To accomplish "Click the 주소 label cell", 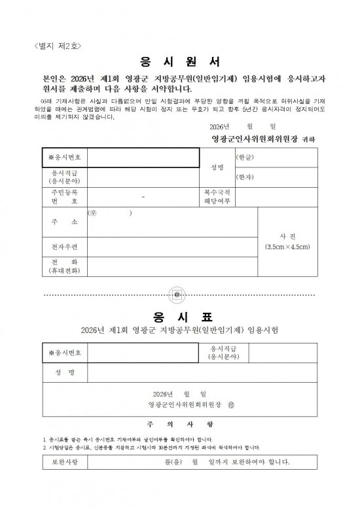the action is coord(63,222).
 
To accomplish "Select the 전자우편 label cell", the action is coord(63,247).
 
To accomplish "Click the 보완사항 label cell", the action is coord(64,463).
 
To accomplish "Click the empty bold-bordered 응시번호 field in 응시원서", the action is coord(143,158).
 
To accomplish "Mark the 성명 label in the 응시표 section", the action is coord(63,372).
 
